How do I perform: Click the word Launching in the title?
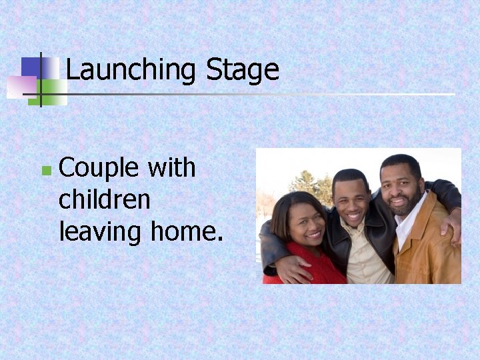(x=130, y=70)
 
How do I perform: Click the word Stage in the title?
(x=242, y=70)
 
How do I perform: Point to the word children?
(x=104, y=199)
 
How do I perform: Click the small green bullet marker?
(x=45, y=171)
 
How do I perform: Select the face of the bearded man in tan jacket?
(x=402, y=187)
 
